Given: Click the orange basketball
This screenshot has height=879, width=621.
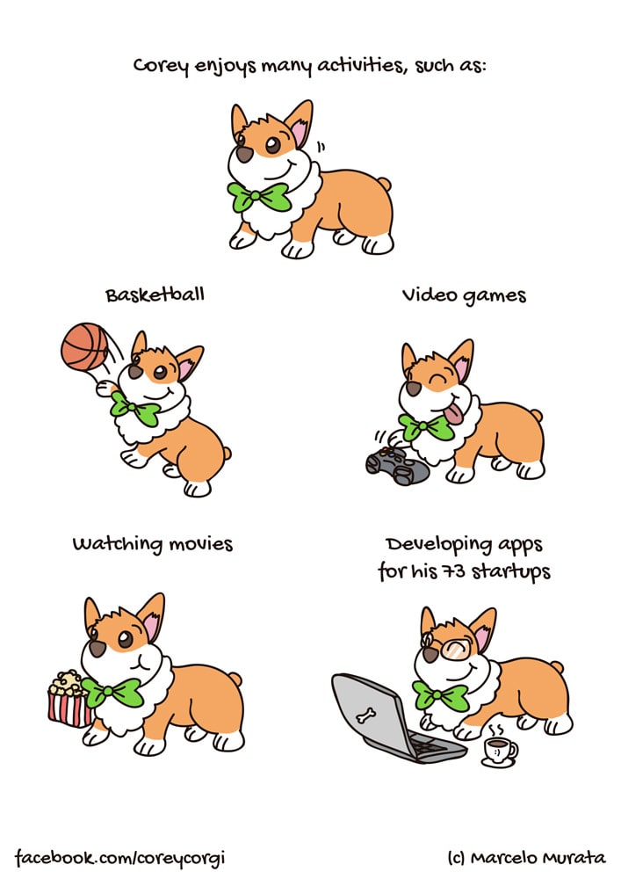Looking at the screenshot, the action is [84, 346].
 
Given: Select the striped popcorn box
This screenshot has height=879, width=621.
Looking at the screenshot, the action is [69, 699].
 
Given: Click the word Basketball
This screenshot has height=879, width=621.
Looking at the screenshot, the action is [155, 294].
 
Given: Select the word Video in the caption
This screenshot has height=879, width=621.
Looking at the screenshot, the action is [429, 294].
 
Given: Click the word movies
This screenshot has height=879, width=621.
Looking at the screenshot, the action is [200, 544].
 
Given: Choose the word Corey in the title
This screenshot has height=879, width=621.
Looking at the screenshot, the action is [161, 67].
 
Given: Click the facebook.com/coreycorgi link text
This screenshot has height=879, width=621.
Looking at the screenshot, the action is [119, 858].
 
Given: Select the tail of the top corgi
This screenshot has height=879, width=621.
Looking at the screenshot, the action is [384, 184].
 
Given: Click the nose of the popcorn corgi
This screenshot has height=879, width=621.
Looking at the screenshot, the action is [97, 649].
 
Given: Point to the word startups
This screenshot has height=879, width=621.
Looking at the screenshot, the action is [510, 572].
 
